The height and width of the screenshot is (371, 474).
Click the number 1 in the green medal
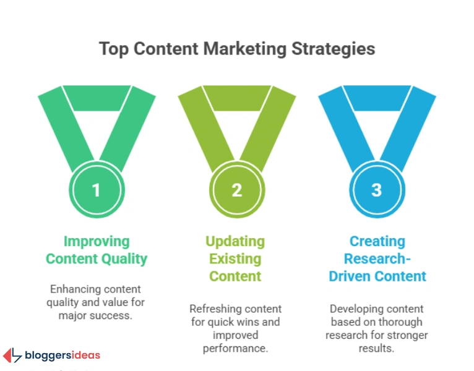point(96,190)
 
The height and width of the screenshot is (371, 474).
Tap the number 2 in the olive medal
point(236,190)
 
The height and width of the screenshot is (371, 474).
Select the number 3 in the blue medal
point(377,190)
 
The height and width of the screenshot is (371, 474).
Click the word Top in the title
point(113,49)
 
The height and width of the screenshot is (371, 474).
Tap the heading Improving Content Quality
point(96,250)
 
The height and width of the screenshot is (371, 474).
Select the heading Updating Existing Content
point(236,258)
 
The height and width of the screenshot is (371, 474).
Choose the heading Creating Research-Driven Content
point(377,258)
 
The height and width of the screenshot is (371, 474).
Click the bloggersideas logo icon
point(12,356)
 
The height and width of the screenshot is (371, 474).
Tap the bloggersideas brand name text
point(62,356)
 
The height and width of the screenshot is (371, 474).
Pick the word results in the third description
point(377,349)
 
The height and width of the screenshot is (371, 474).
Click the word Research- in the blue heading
point(377,258)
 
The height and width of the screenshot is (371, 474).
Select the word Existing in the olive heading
point(236,258)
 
